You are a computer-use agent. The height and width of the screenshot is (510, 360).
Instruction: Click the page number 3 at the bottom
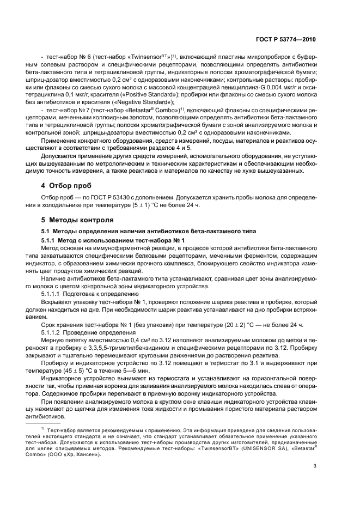(315, 465)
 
